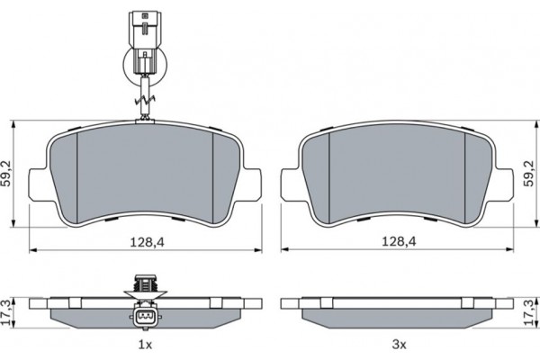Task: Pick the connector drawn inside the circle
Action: click(143, 62)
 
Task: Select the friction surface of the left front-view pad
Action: click(144, 171)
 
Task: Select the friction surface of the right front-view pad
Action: click(396, 171)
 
